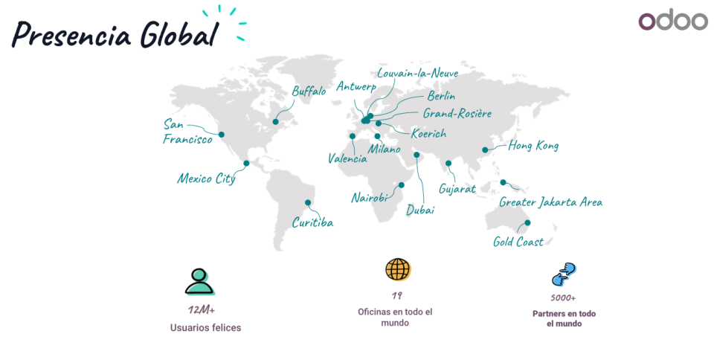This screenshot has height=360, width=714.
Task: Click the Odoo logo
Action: tap(673, 21)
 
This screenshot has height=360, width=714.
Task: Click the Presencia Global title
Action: tap(116, 34)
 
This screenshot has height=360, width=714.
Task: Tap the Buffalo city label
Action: tap(309, 91)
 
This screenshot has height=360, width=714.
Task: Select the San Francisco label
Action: tap(187, 131)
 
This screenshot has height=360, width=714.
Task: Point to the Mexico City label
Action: tap(206, 179)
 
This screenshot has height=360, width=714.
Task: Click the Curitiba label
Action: tap(312, 222)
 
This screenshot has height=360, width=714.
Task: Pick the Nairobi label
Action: tap(370, 198)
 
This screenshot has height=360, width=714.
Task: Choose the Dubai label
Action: tap(420, 210)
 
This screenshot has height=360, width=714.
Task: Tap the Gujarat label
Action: tap(457, 189)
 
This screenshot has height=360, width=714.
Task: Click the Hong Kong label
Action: tap(533, 146)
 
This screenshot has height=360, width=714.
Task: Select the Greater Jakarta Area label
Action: tap(550, 202)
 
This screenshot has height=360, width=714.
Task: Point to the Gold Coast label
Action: tap(518, 242)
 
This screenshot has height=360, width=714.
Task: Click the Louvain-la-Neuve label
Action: tap(417, 73)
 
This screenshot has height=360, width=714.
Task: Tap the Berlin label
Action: tap(441, 96)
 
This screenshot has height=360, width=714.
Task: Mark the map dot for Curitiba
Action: tap(308, 202)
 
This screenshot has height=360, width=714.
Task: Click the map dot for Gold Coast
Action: tap(527, 222)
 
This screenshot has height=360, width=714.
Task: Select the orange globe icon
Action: tap(398, 269)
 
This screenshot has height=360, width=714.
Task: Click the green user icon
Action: tap(199, 281)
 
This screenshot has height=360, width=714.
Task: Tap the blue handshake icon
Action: tap(564, 274)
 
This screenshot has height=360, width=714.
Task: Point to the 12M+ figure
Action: tap(202, 309)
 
